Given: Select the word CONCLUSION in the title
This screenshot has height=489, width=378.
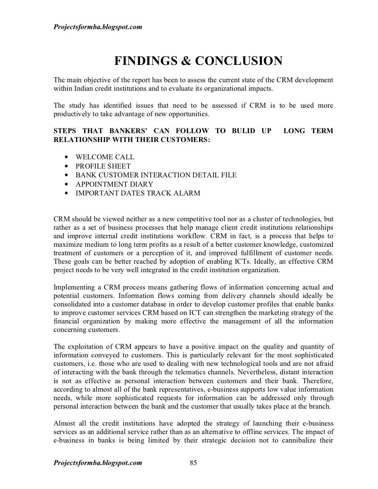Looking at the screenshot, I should point(238,61).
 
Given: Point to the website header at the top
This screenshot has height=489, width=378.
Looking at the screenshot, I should point(98,27).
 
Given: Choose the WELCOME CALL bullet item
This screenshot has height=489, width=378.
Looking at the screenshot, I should point(105,157).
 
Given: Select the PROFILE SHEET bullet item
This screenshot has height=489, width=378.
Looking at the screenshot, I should point(103,166).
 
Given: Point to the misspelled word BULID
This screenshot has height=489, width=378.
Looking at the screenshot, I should point(243,131).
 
